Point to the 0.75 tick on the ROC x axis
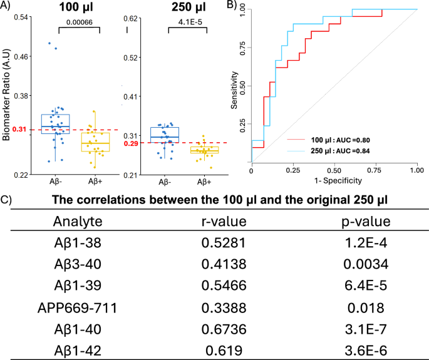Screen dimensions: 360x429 point(375,171)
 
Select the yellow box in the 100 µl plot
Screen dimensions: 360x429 point(96,142)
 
